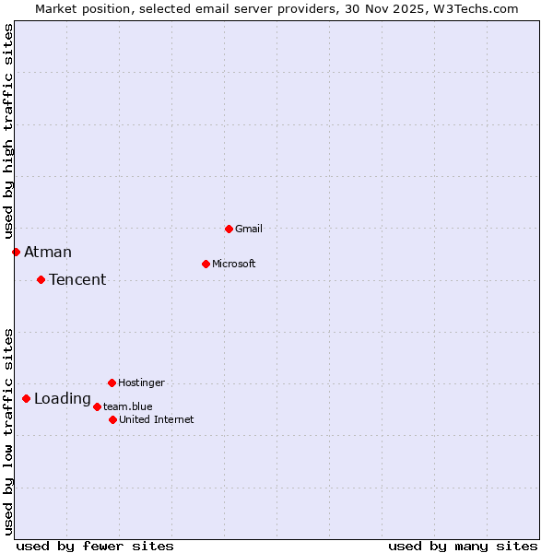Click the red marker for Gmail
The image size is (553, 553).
tap(229, 229)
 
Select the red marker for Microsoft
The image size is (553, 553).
tap(206, 264)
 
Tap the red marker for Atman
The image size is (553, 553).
tap(16, 252)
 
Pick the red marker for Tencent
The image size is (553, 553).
tap(41, 279)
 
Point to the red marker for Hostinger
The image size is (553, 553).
tap(112, 382)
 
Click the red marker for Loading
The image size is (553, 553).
tap(26, 398)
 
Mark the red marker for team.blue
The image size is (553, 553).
tap(97, 406)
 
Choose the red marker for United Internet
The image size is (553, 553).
tap(112, 419)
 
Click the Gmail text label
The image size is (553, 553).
tap(249, 229)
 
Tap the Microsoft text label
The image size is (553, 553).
tap(234, 264)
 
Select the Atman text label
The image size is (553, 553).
tap(48, 252)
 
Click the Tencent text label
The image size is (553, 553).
tap(77, 279)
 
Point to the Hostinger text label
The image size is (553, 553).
tap(141, 382)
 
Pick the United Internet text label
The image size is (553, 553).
tap(157, 419)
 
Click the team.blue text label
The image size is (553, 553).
tap(128, 406)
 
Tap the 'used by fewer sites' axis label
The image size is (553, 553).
tap(95, 546)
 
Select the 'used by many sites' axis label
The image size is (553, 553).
tap(463, 546)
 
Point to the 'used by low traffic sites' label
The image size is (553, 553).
tap(8, 430)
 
